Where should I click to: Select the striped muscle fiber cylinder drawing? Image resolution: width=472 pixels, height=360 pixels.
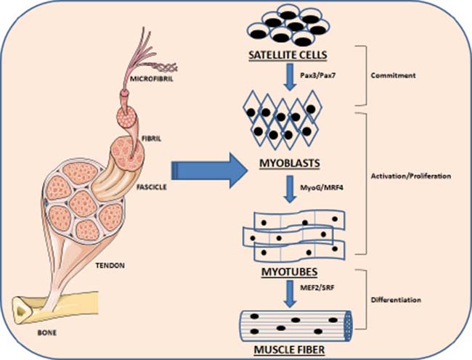click(297, 322)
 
